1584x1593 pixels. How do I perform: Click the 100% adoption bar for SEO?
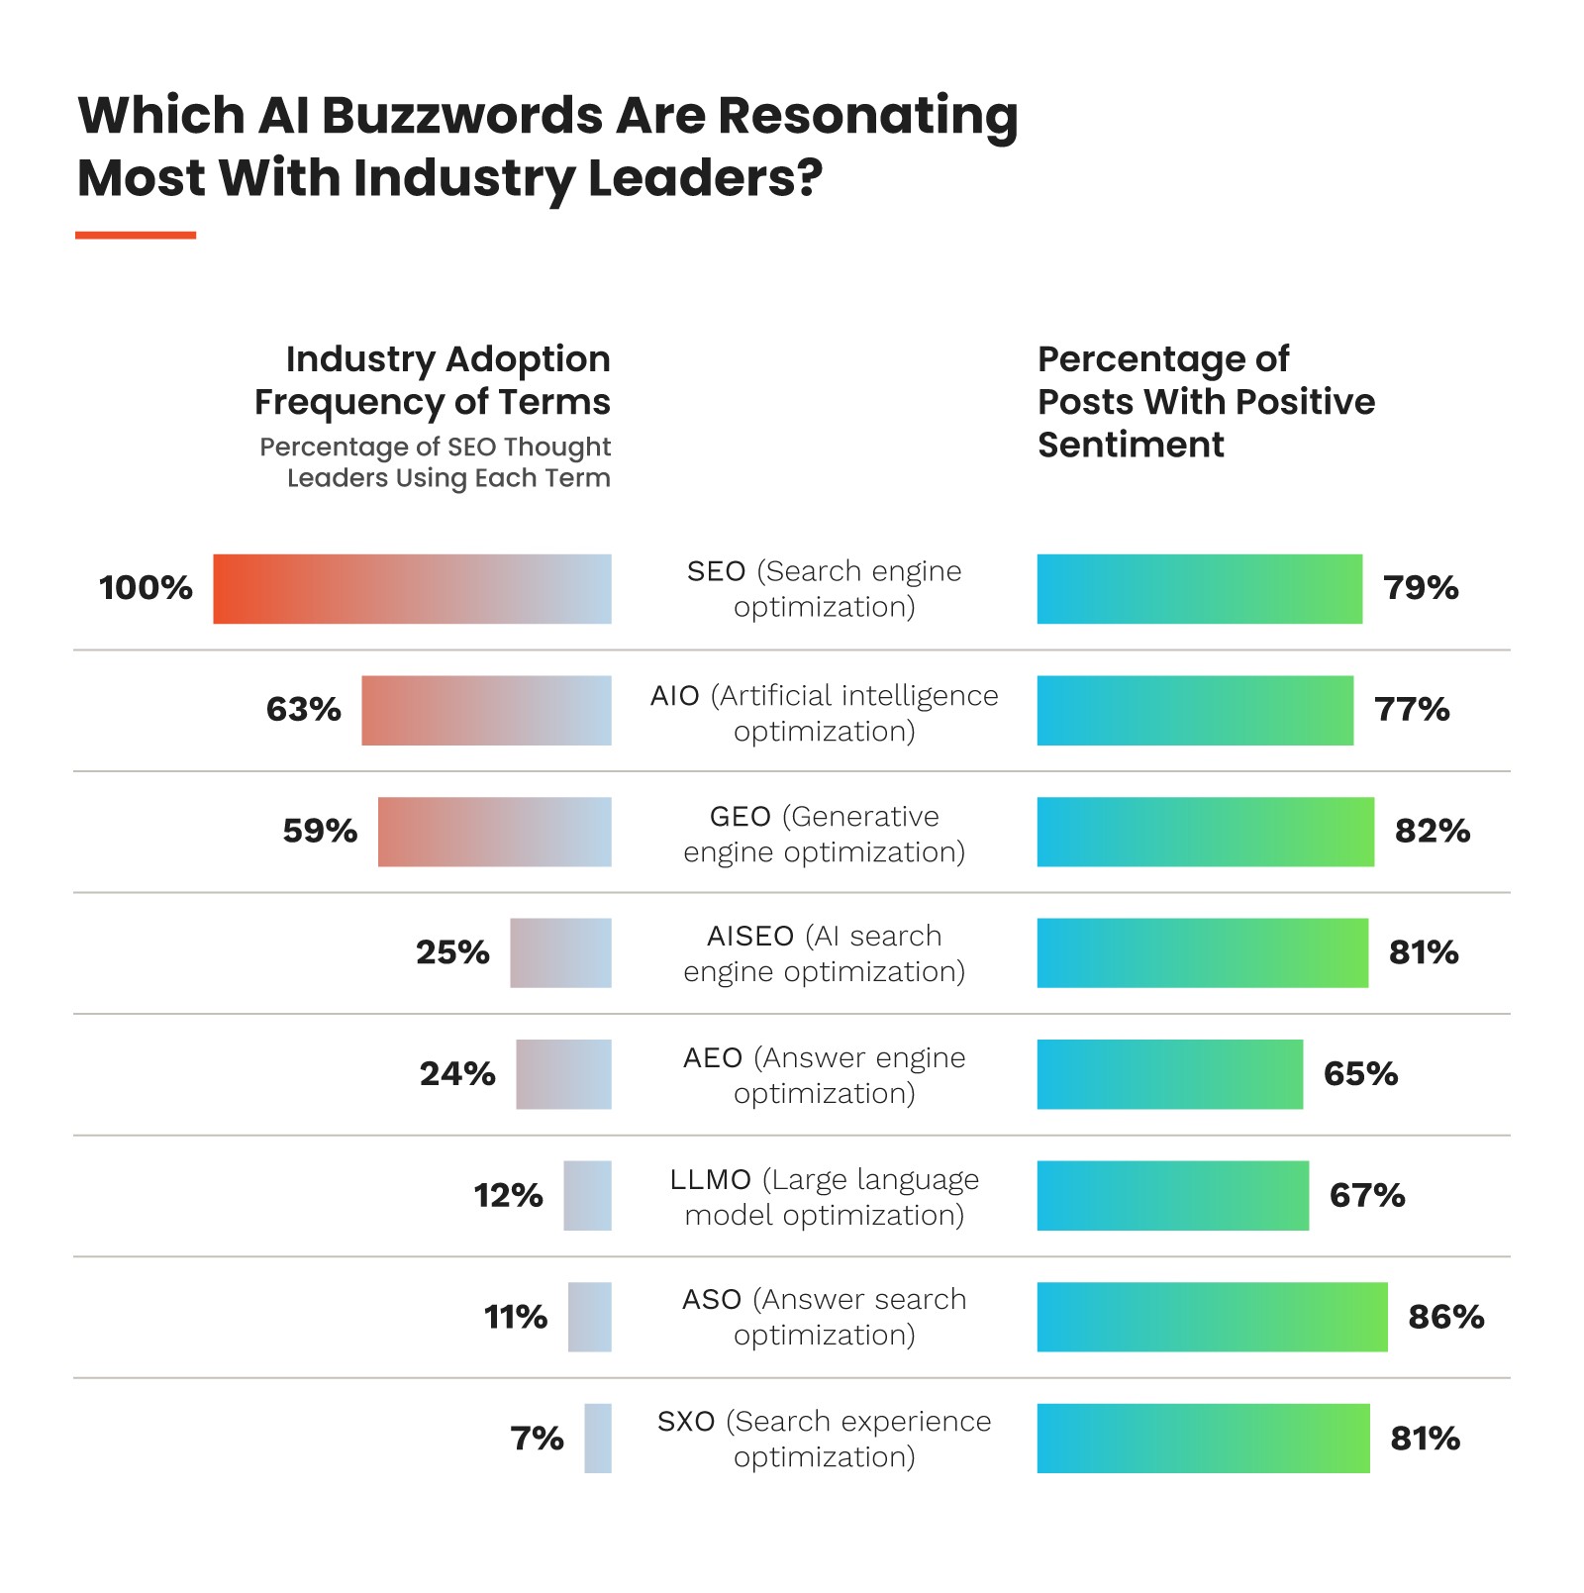click(412, 589)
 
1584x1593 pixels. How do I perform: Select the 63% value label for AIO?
click(303, 710)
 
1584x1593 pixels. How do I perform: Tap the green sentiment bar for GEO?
click(1205, 832)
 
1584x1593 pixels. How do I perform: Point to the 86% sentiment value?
click(1445, 1317)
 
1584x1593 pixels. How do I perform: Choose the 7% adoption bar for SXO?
click(598, 1439)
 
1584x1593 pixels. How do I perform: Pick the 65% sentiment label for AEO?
click(1360, 1074)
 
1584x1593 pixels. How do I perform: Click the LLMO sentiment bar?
click(1172, 1196)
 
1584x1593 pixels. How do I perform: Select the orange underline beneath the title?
click(136, 236)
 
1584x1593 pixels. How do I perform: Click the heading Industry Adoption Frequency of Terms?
click(433, 380)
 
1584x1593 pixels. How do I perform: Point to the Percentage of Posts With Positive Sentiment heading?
click(1206, 401)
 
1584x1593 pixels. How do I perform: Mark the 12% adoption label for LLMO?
click(508, 1196)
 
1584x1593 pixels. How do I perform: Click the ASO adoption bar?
click(590, 1317)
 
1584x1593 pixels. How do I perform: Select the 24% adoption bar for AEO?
click(563, 1074)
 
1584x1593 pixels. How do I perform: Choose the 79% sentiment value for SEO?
click(1421, 588)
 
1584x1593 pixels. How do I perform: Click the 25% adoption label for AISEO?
click(452, 952)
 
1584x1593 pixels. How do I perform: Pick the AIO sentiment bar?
click(1195, 711)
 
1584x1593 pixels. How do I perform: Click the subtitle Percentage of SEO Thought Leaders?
click(436, 462)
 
